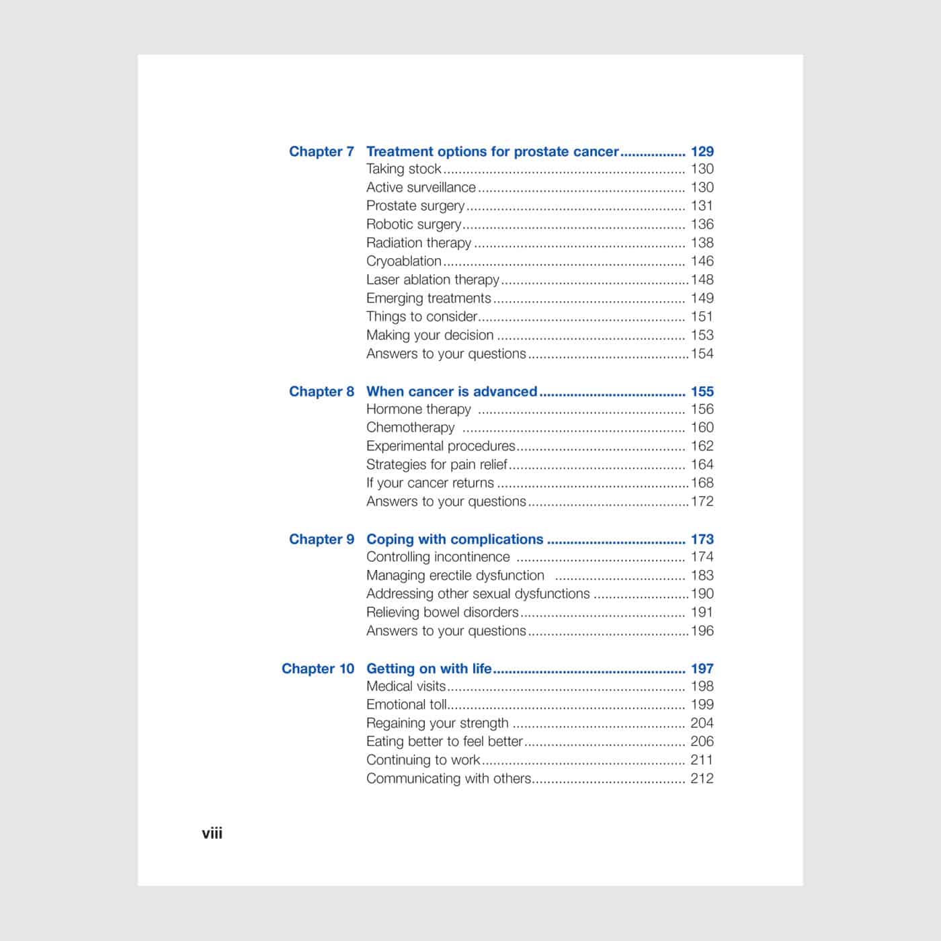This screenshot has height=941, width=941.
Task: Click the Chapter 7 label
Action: pos(321,152)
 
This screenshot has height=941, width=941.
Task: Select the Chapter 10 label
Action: pos(317,669)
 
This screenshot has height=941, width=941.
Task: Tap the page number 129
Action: pos(702,152)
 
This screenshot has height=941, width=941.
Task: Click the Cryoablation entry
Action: pos(404,261)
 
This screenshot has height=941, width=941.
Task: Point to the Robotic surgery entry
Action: pos(413,224)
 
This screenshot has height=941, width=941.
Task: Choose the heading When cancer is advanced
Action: pos(452,392)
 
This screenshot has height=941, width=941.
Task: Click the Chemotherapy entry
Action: pos(410,427)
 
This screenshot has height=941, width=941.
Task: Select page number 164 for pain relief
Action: pos(702,464)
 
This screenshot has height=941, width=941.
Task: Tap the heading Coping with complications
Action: pos(454,540)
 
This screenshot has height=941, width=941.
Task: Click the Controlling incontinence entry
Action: pos(438,557)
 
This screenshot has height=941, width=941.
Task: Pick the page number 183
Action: pos(702,575)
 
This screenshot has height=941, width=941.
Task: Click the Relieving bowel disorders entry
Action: pos(442,612)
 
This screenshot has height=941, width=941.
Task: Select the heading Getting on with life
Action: pos(429,669)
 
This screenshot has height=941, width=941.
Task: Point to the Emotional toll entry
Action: pos(406,705)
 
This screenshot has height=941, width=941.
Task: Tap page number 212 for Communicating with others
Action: pos(702,779)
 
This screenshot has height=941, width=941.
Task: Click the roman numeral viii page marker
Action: pos(212,833)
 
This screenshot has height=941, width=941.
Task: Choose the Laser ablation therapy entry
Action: pos(433,280)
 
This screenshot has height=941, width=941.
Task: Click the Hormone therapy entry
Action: pos(418,409)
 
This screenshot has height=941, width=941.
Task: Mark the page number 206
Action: pos(702,742)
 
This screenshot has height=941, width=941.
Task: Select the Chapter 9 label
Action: pos(321,540)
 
